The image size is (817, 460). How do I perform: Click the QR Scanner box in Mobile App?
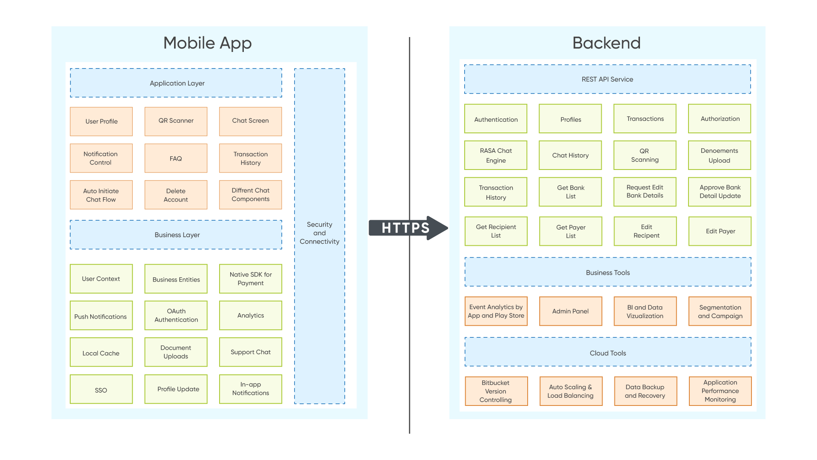point(176,121)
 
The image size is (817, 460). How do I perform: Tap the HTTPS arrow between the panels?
point(406,228)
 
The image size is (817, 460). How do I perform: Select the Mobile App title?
point(208,43)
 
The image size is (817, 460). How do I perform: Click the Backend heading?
point(606,43)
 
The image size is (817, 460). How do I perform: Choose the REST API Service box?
point(607,79)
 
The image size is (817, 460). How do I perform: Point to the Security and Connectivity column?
point(320,233)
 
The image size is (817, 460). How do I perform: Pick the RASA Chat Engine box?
point(496,155)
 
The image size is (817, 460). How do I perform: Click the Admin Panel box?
point(570,311)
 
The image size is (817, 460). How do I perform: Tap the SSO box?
point(101,389)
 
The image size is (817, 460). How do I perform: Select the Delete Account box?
point(176,195)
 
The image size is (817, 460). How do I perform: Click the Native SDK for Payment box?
point(251,279)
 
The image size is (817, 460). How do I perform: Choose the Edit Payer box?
point(720,231)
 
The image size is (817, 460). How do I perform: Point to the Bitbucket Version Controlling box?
point(496,391)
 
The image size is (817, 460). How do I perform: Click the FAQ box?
point(176,158)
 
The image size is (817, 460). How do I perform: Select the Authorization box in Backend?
point(720,119)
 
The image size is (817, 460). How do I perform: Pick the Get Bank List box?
point(570,192)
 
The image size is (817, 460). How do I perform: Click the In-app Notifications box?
point(251,389)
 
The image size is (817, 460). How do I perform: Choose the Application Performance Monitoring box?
point(720,391)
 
